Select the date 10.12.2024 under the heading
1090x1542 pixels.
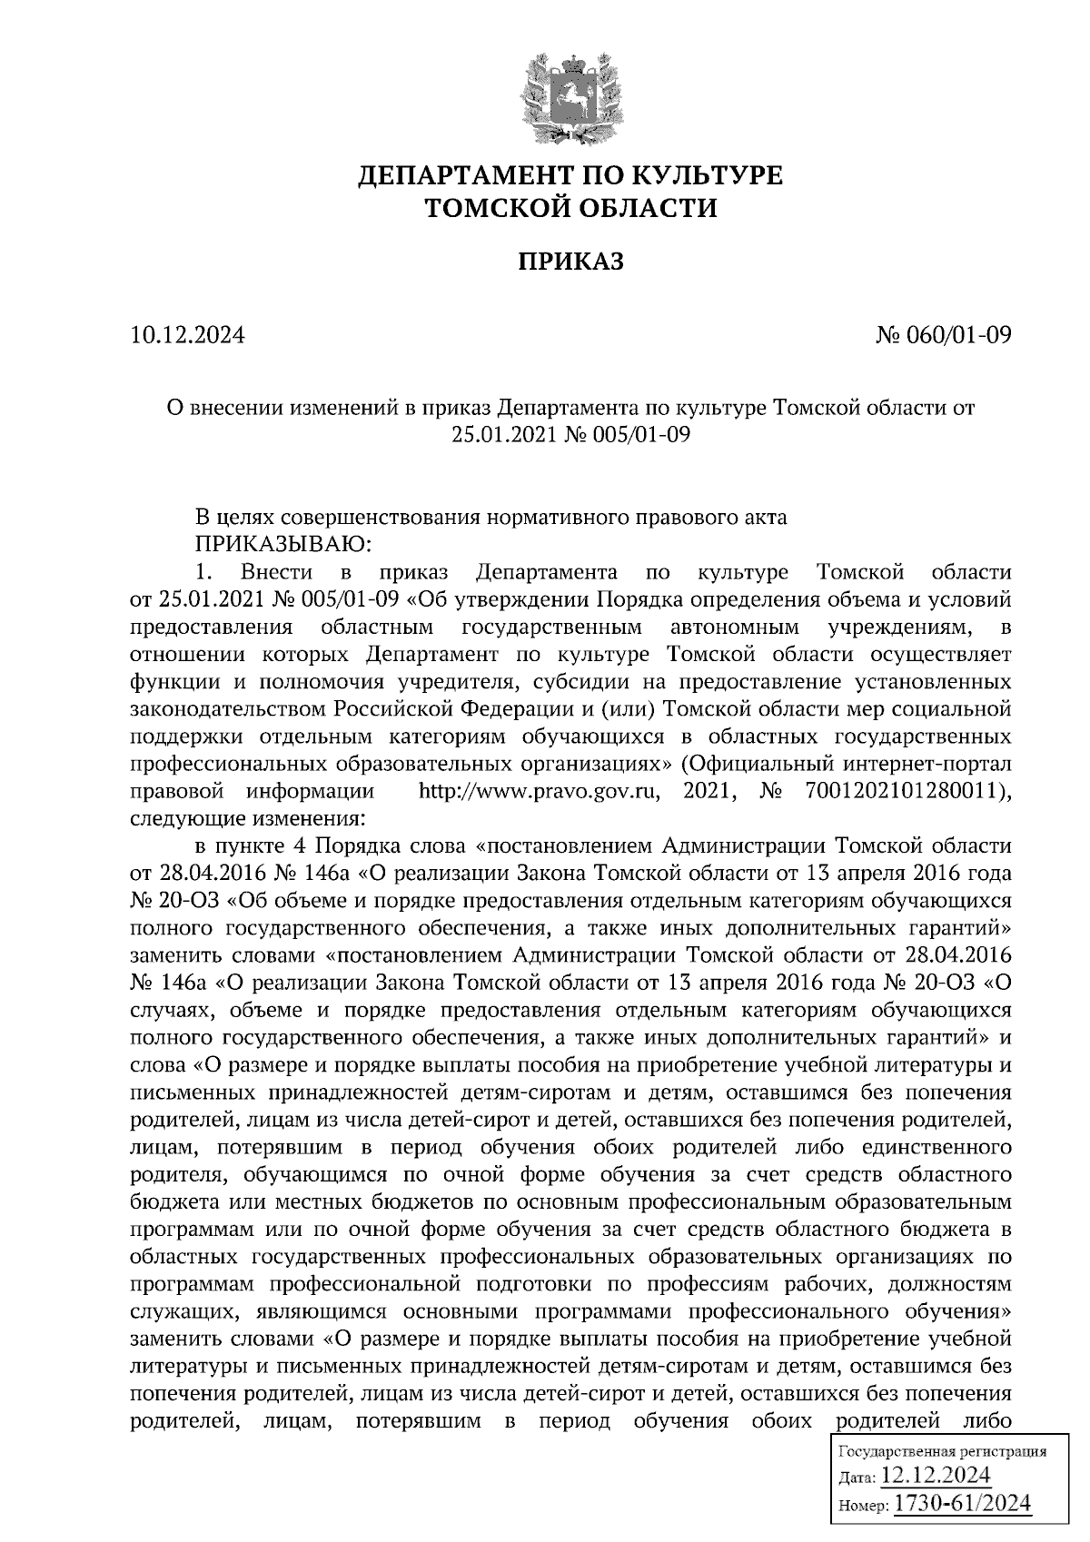(x=188, y=336)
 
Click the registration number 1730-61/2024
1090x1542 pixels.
(x=963, y=1504)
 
